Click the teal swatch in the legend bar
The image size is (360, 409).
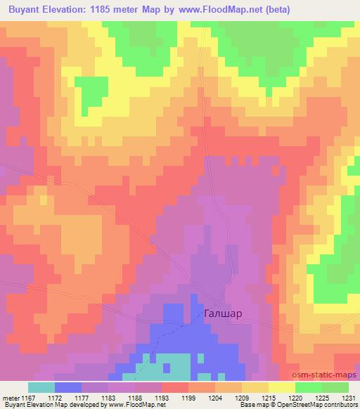(x=41, y=387)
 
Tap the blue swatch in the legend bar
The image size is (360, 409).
(x=67, y=387)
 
